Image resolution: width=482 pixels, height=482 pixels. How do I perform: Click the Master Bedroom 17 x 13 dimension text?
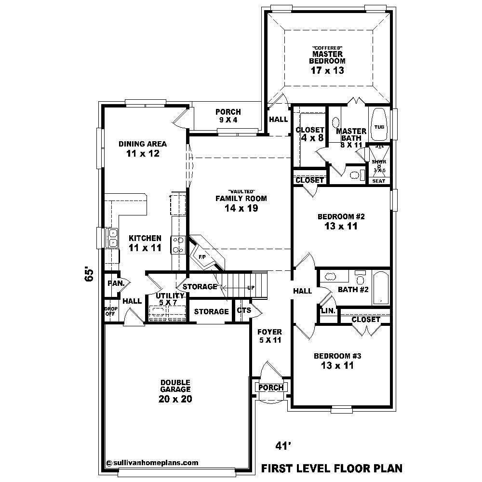click(x=328, y=70)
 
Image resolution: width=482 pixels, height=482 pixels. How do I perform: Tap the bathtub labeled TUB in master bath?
click(x=379, y=127)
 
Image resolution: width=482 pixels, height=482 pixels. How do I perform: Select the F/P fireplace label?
click(x=203, y=257)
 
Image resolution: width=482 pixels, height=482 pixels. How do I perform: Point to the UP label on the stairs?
click(x=251, y=288)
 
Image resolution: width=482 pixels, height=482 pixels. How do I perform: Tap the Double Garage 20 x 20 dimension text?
click(x=175, y=399)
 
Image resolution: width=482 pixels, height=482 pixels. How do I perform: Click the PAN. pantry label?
click(x=116, y=283)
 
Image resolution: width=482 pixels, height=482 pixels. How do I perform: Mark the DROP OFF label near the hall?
click(x=110, y=311)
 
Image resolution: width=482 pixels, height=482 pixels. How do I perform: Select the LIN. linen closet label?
click(x=328, y=311)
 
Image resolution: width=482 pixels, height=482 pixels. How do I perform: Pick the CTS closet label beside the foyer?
click(x=244, y=310)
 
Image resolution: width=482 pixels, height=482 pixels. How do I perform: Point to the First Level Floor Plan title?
click(x=331, y=468)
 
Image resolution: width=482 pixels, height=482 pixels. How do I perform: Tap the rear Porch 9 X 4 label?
click(x=228, y=116)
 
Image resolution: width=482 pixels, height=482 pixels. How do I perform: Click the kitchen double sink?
click(x=112, y=238)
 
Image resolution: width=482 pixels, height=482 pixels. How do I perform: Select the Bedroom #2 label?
click(x=341, y=216)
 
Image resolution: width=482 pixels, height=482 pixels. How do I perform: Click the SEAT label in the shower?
click(x=378, y=181)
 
